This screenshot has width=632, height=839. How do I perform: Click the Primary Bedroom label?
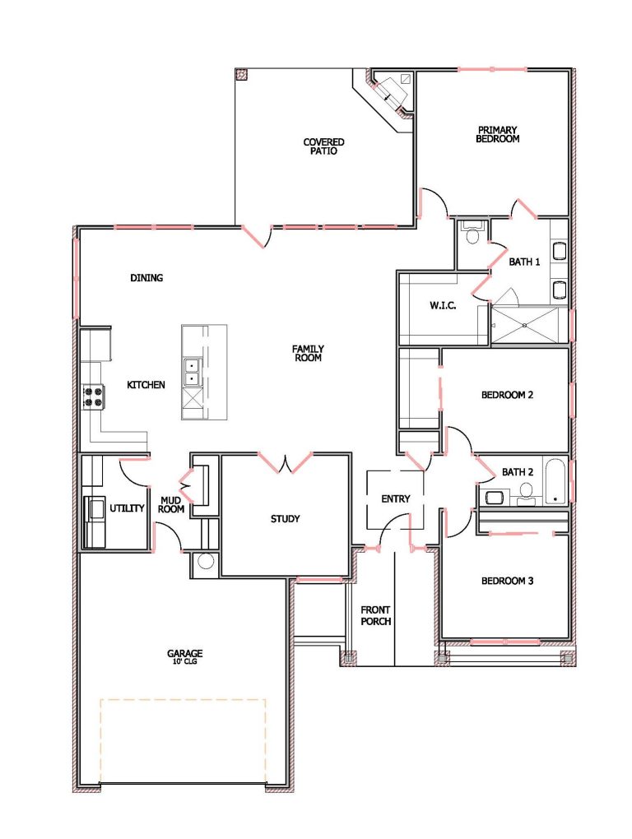click(x=497, y=134)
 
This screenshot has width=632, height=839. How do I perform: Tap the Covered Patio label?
click(x=323, y=146)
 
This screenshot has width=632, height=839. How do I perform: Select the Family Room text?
click(x=308, y=353)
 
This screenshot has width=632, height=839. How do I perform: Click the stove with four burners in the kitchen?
click(x=93, y=396)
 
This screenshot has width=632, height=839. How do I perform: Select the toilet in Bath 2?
click(x=527, y=492)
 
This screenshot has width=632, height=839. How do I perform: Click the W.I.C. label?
click(x=443, y=305)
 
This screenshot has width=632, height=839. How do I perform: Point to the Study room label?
click(x=285, y=518)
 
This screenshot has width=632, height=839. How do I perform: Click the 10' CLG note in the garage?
click(x=184, y=661)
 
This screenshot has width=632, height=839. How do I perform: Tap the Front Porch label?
click(x=376, y=615)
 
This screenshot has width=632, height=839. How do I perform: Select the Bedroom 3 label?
click(x=507, y=581)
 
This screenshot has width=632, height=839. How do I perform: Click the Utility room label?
click(x=127, y=508)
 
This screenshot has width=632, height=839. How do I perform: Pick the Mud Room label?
click(x=171, y=504)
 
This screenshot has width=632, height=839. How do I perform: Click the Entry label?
click(x=396, y=498)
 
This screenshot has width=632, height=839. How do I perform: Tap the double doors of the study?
click(x=286, y=463)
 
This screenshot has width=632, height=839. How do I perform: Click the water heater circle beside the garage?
click(x=206, y=561)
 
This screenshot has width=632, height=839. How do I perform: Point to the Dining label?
click(x=146, y=278)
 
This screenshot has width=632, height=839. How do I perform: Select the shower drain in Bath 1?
click(x=526, y=325)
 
